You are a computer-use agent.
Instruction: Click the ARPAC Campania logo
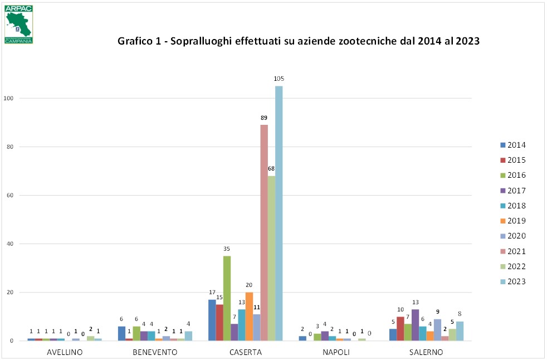point(19,25)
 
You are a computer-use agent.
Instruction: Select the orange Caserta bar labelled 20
point(249,316)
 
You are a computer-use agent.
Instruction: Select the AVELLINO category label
point(65,352)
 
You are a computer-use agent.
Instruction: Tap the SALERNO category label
point(426,352)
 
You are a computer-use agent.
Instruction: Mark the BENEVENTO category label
point(155,352)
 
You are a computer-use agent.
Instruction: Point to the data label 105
point(279,79)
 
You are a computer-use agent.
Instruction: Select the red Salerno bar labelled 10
point(400,329)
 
